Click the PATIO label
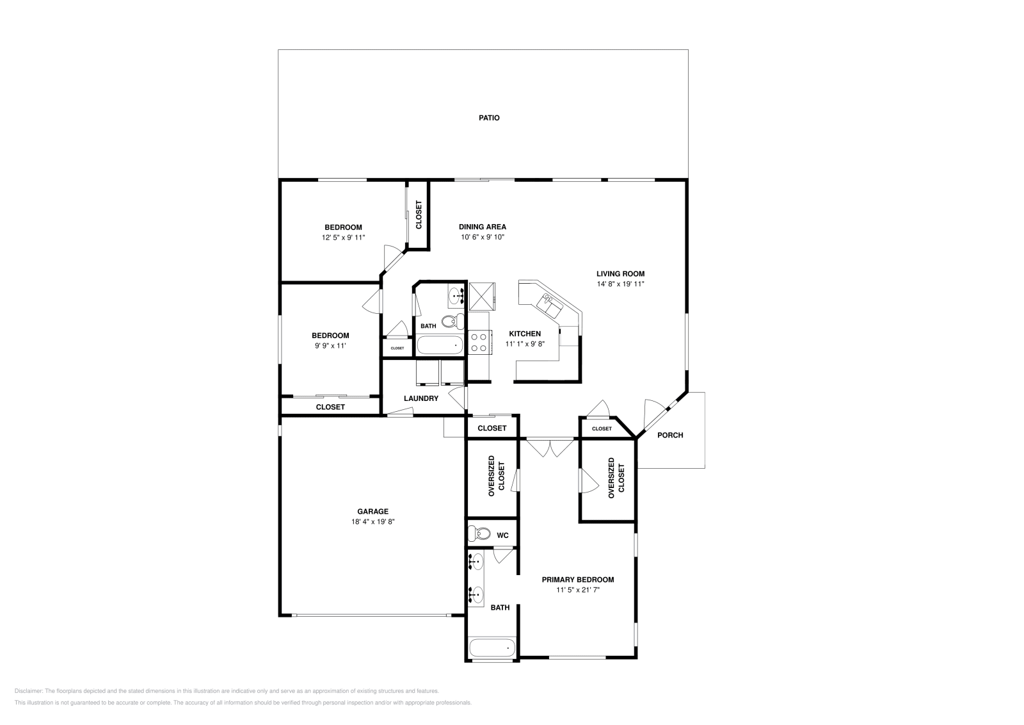[x=489, y=118]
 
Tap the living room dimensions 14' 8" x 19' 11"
[x=620, y=284]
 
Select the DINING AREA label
[x=482, y=227]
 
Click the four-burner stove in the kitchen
[x=479, y=341]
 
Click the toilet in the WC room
[x=479, y=534]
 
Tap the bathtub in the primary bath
[x=492, y=648]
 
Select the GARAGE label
[x=372, y=511]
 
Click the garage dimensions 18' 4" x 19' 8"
[x=372, y=521]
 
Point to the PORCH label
[x=670, y=435]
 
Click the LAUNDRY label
[x=420, y=398]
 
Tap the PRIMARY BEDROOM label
[x=577, y=580]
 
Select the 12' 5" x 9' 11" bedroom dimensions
[x=343, y=238]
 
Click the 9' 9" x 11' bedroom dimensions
[x=330, y=346]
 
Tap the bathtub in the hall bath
[x=440, y=345]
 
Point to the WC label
[x=502, y=535]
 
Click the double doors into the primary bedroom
[x=550, y=446]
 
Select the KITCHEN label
[x=525, y=334]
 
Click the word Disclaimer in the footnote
[x=28, y=691]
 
